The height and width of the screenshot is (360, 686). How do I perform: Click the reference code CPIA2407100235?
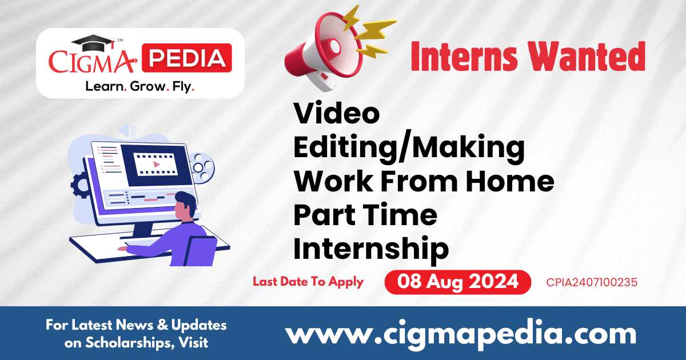(591, 282)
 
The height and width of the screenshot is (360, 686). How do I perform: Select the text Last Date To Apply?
(308, 282)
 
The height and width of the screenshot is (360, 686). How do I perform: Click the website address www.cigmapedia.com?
(461, 333)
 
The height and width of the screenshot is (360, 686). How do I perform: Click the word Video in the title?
(336, 114)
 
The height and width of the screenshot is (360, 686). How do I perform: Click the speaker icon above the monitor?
(127, 131)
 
